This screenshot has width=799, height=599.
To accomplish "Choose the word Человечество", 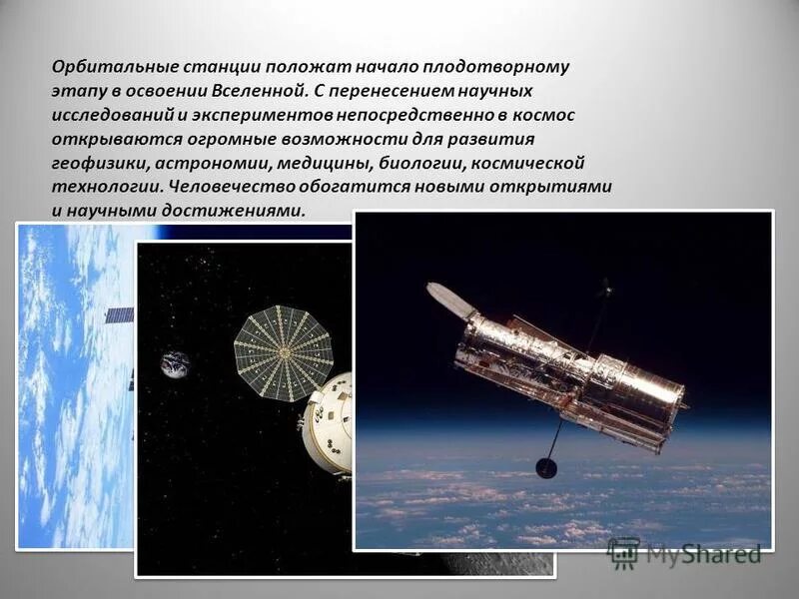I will pos(231,187).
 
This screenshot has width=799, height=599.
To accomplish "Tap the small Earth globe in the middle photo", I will pos(176,364).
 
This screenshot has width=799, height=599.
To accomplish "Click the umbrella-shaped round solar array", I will pos(283,352).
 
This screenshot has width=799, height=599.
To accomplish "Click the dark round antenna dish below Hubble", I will pos(546,466).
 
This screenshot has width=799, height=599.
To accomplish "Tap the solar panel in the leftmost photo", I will pos(119,315).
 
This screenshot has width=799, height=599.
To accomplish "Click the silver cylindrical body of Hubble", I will pos(569,374).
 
